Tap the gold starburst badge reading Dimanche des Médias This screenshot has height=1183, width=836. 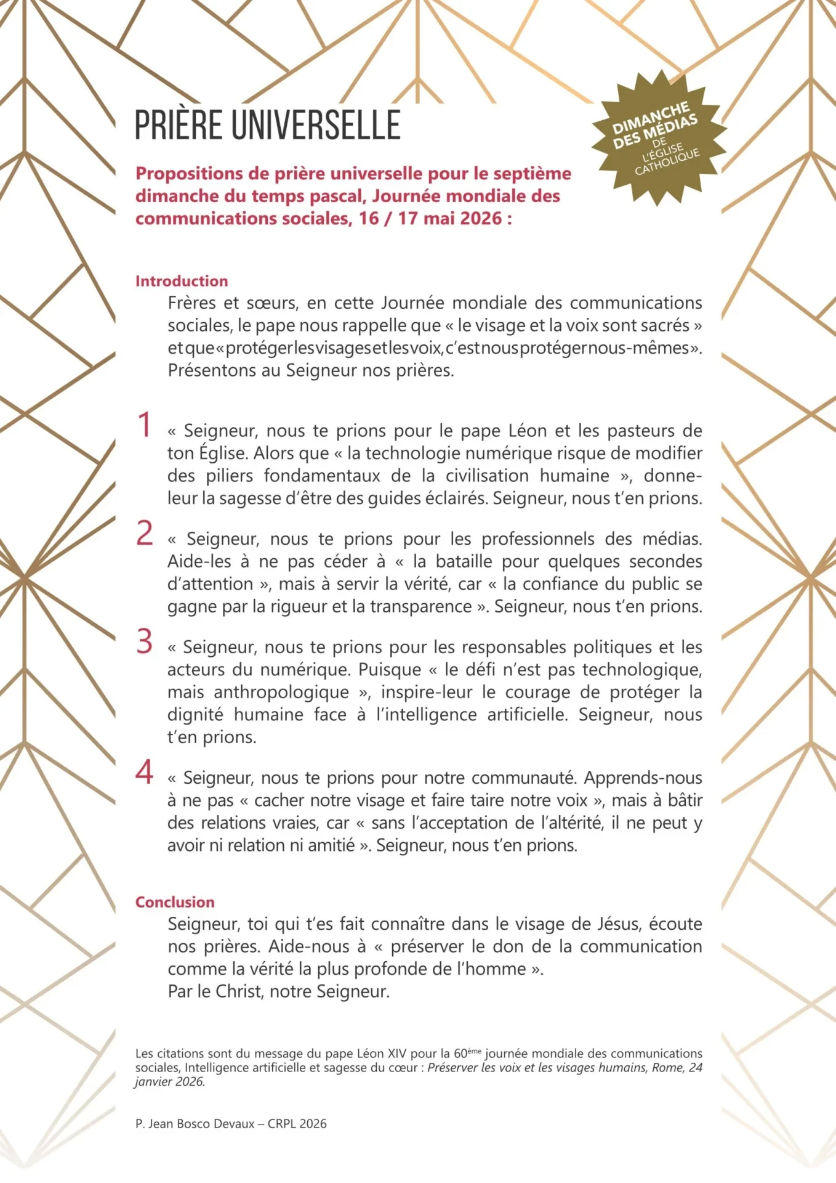pyautogui.click(x=658, y=137)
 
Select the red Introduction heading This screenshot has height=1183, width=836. pyautogui.click(x=182, y=281)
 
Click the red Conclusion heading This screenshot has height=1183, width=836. pyautogui.click(x=175, y=902)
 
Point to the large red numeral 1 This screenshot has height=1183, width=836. pyautogui.click(x=145, y=425)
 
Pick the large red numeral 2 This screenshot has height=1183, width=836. pyautogui.click(x=145, y=533)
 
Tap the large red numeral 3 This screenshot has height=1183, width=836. pyautogui.click(x=145, y=641)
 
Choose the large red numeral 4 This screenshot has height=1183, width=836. pyautogui.click(x=145, y=772)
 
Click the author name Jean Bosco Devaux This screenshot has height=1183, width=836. pyautogui.click(x=201, y=1124)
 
